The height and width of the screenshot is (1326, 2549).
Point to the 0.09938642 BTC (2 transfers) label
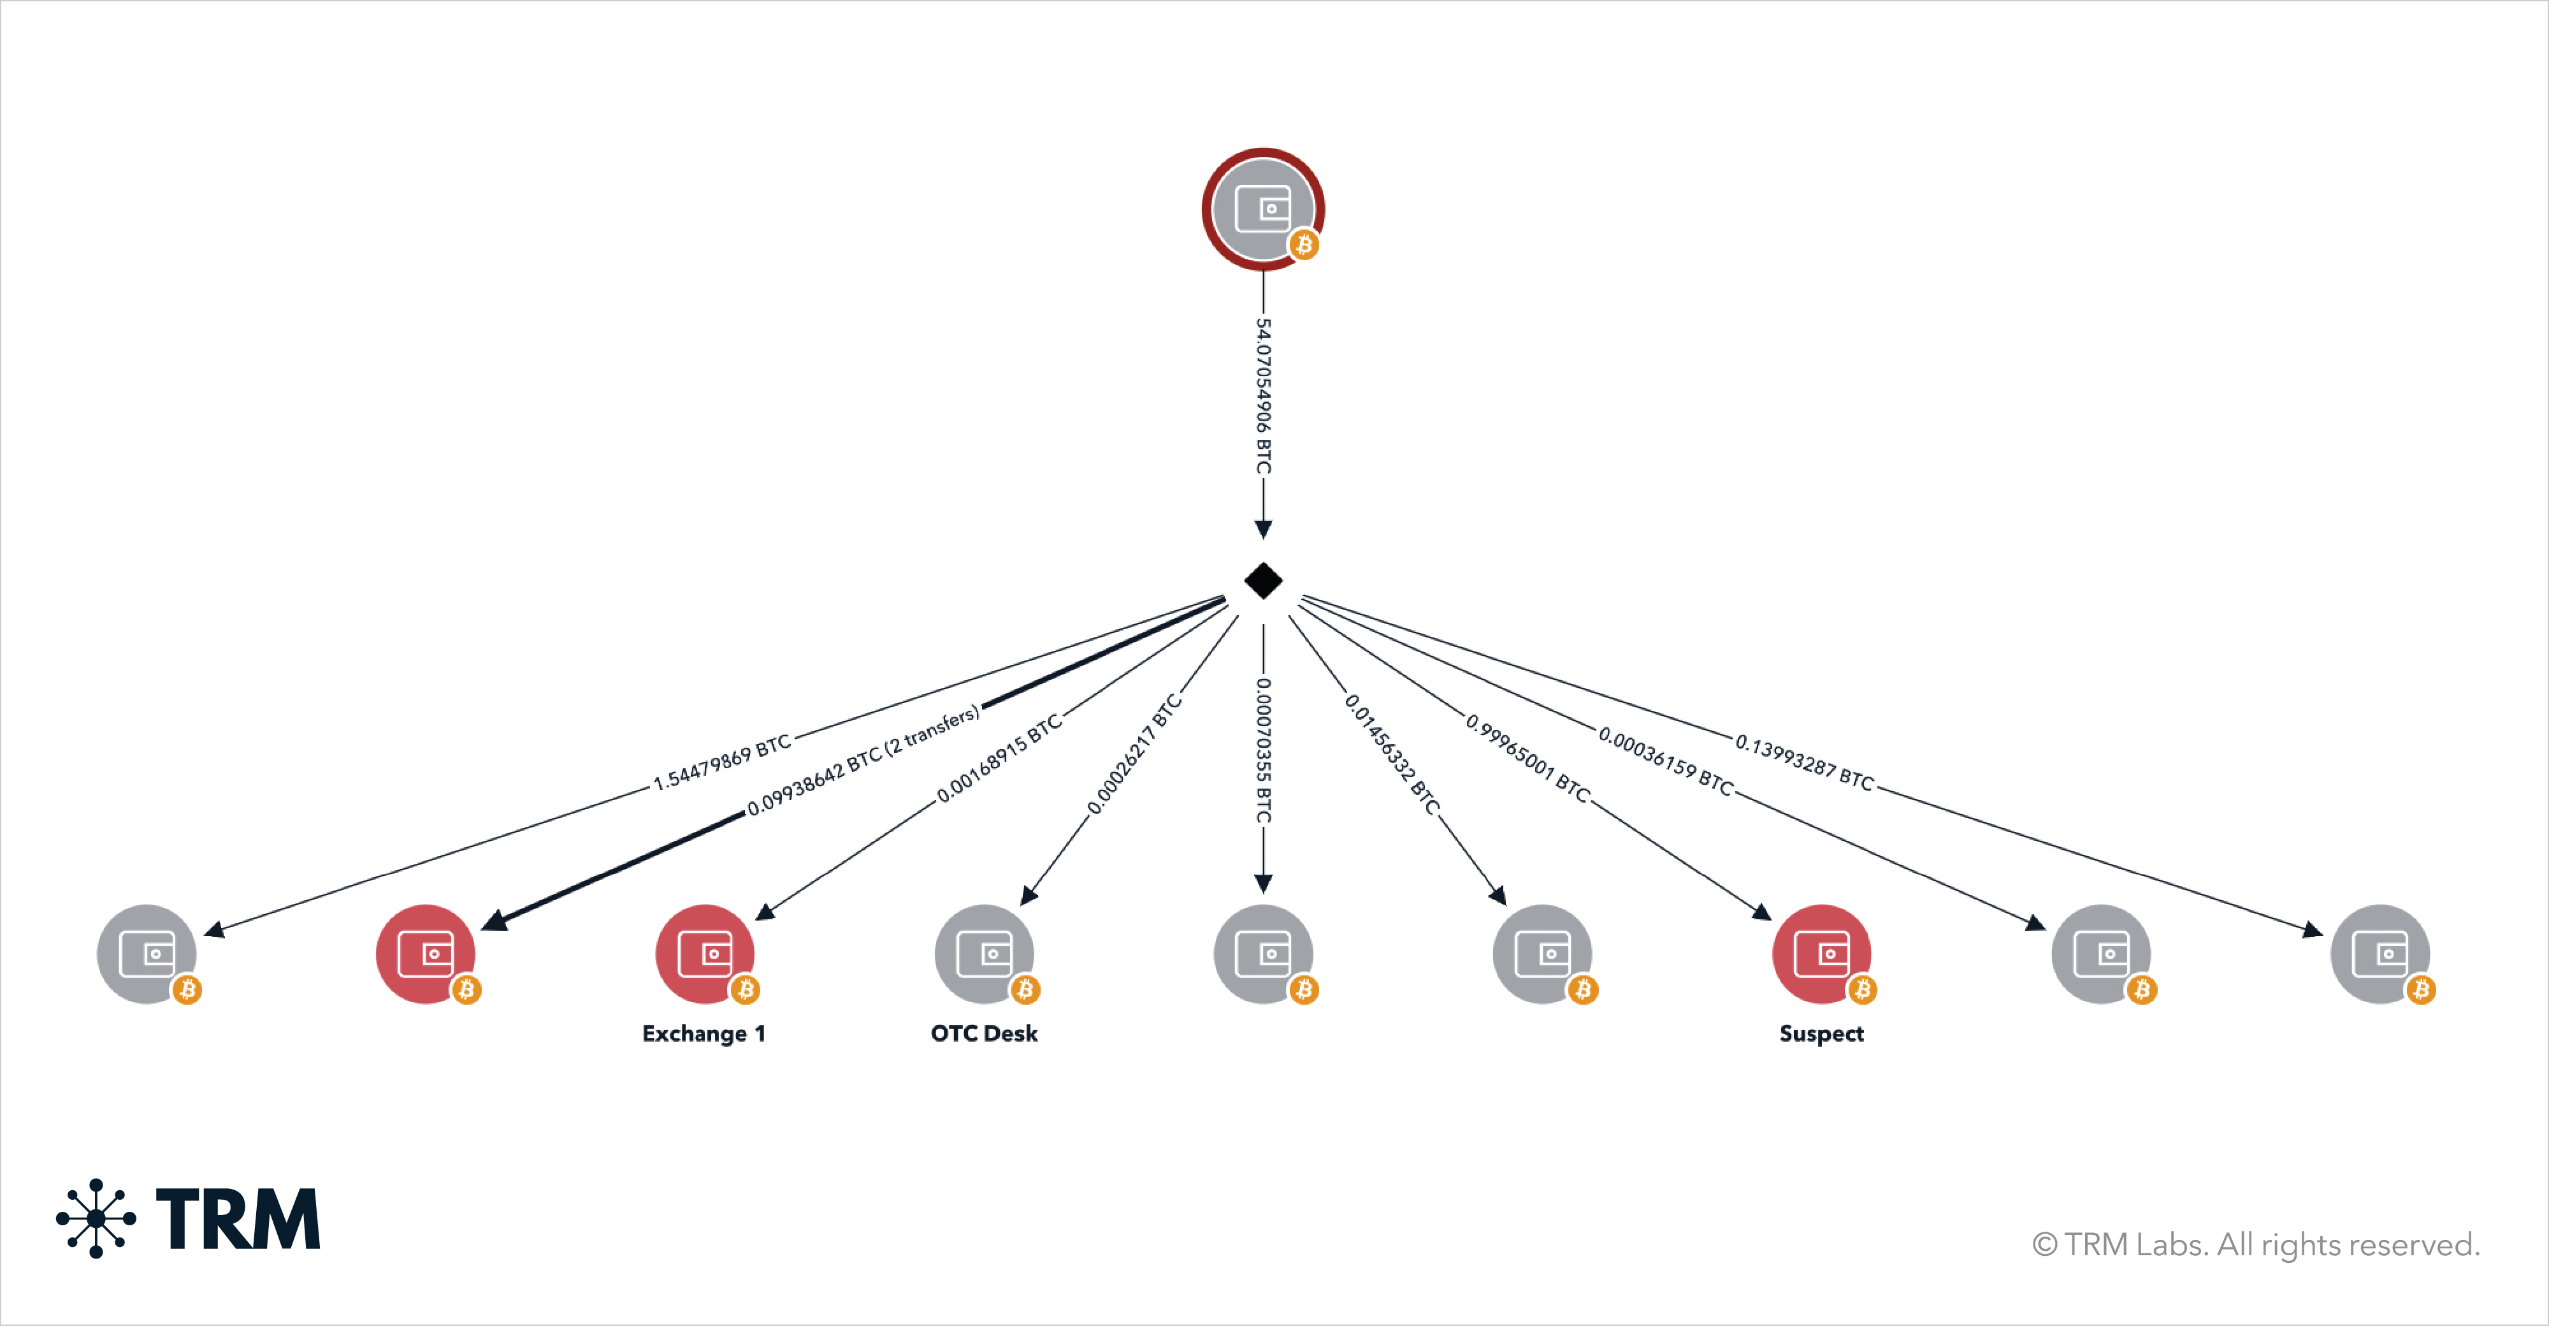(863, 759)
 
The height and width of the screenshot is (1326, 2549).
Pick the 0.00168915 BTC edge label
(999, 757)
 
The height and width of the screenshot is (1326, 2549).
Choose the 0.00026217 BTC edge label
(1134, 755)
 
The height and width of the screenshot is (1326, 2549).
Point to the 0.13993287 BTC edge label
(1804, 763)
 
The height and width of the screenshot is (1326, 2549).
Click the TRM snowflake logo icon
(96, 1218)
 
